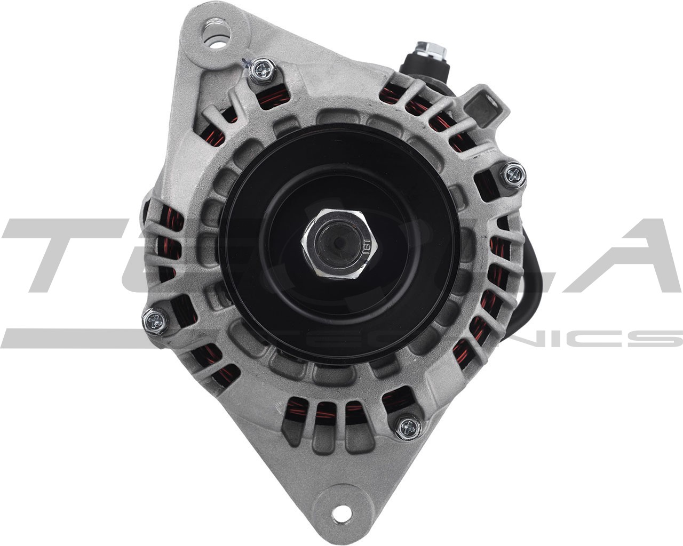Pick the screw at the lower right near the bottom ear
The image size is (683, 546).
click(408, 425)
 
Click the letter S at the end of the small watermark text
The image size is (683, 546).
click(662, 338)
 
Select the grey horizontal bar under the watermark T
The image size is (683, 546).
click(69, 338)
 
